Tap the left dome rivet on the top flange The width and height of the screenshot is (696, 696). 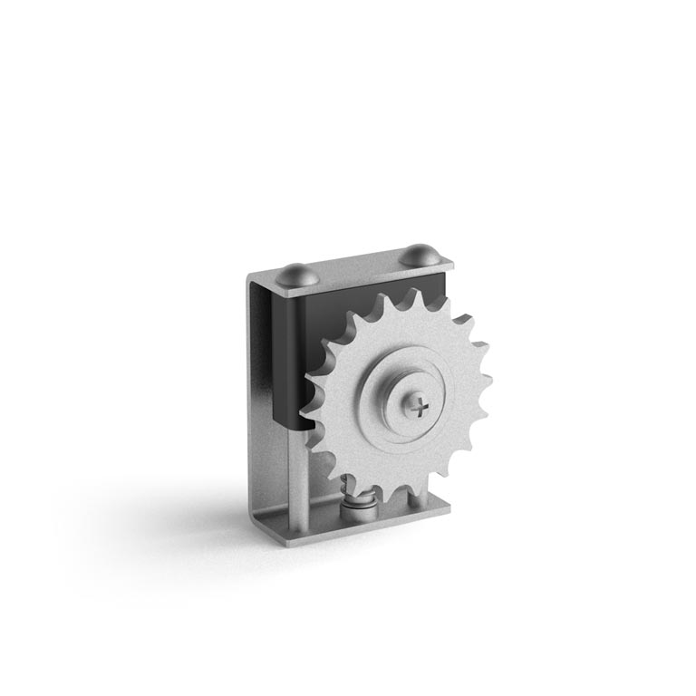(x=296, y=274)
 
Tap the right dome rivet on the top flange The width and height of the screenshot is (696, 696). (x=419, y=255)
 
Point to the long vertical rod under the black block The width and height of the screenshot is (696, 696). (x=297, y=476)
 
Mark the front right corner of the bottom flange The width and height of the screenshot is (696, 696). (x=447, y=513)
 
